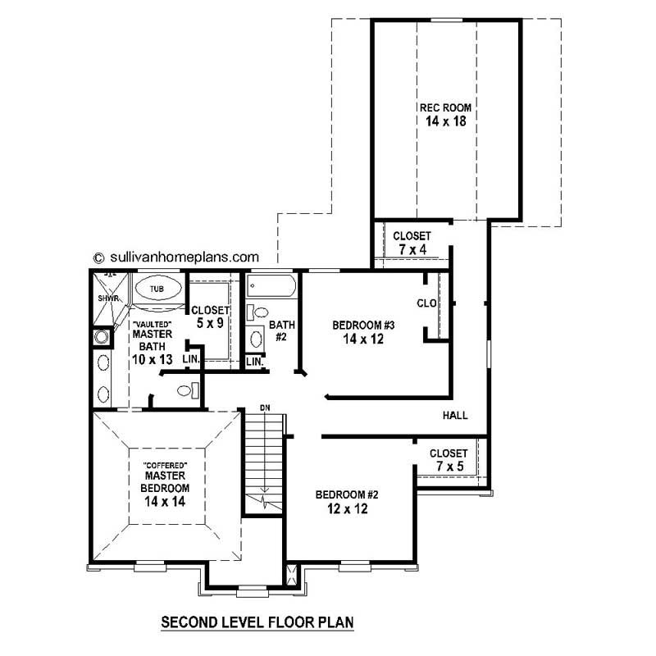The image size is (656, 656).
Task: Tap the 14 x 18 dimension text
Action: click(x=446, y=121)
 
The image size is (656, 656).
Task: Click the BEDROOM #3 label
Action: click(x=358, y=325)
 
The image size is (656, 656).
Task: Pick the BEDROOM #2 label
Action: click(x=346, y=494)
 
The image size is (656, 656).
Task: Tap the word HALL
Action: click(x=455, y=416)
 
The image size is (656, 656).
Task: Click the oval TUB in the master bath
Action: click(x=157, y=289)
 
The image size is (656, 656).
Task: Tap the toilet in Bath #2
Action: click(x=258, y=312)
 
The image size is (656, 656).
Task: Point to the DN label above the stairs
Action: click(x=264, y=408)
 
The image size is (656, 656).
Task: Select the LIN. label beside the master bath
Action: click(x=190, y=360)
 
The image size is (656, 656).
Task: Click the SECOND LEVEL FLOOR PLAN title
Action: click(x=257, y=622)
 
